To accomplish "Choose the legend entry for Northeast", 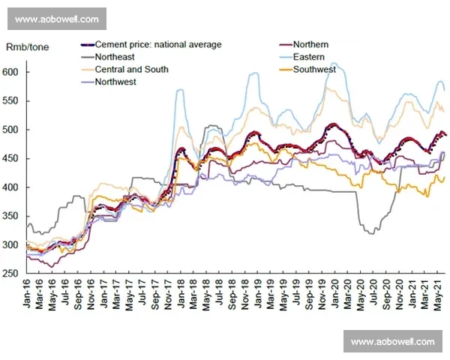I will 116,57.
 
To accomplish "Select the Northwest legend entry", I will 115,82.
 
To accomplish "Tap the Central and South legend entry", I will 131,70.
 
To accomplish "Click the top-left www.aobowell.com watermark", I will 56,18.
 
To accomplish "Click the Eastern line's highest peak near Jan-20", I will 333,64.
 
